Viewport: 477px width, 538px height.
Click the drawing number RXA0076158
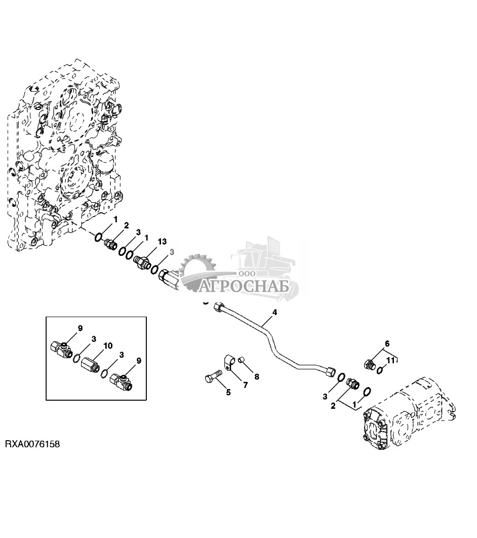pyautogui.click(x=32, y=444)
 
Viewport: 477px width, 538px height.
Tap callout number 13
pyautogui.click(x=162, y=242)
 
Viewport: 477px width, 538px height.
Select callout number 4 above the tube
pyautogui.click(x=274, y=313)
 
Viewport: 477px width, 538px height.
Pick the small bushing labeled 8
pyautogui.click(x=243, y=360)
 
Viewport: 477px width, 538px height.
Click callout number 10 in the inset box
pyautogui.click(x=108, y=345)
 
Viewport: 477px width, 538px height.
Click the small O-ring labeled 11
pyautogui.click(x=380, y=370)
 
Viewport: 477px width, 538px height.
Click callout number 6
pyautogui.click(x=387, y=343)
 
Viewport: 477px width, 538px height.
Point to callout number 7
pyautogui.click(x=245, y=386)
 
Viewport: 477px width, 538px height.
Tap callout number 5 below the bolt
pyautogui.click(x=228, y=392)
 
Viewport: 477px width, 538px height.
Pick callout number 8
pyautogui.click(x=257, y=376)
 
